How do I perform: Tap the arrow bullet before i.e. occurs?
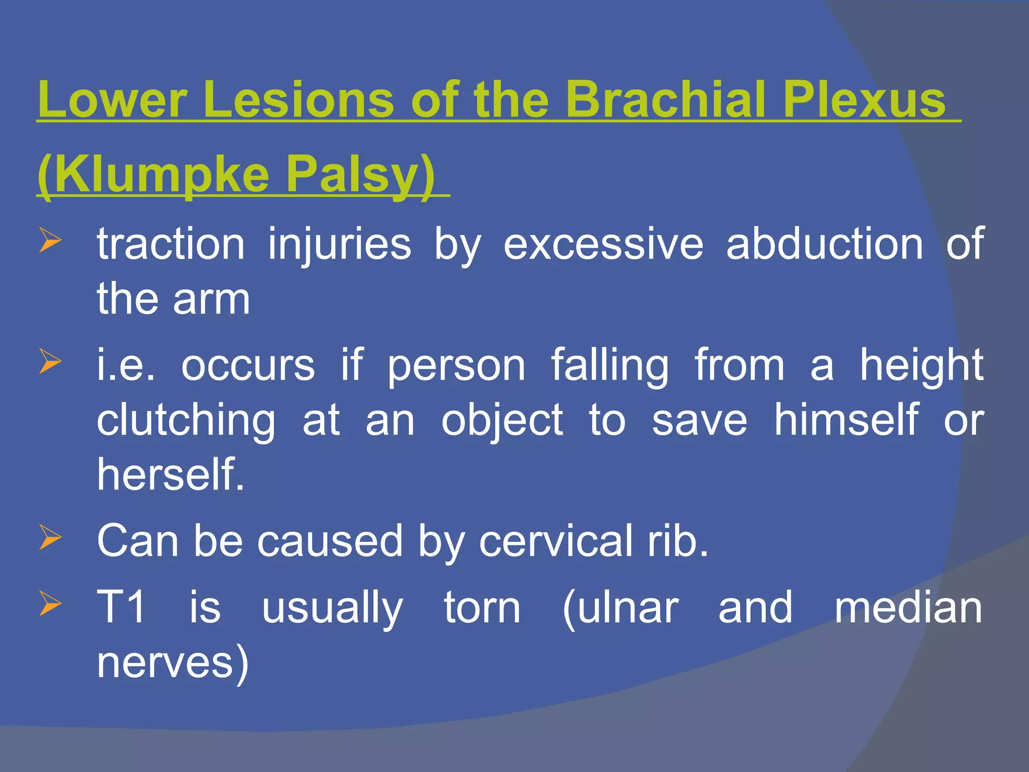[50, 361]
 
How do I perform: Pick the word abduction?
[824, 244]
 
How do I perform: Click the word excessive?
[603, 244]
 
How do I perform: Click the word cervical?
[556, 541]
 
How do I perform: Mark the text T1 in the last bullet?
[121, 607]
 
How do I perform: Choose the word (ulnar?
[621, 608]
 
